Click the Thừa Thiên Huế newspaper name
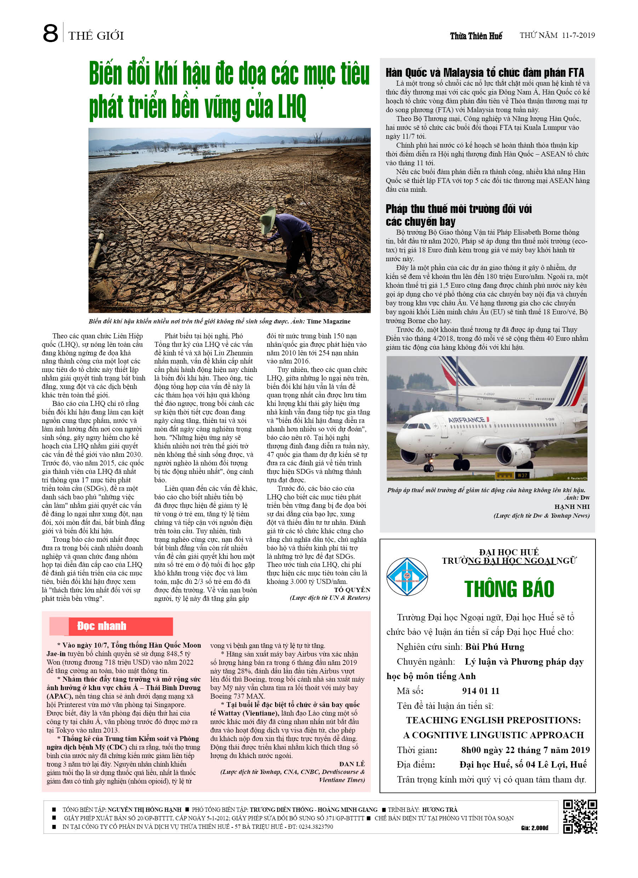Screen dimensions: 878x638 tap(476, 36)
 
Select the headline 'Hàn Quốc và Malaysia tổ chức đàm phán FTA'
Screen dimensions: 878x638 tap(484, 73)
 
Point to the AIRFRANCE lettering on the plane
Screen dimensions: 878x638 tap(466, 420)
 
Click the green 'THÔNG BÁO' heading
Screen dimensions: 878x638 tap(509, 589)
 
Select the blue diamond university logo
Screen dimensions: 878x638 tap(407, 576)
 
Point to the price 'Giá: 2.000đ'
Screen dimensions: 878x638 tap(534, 828)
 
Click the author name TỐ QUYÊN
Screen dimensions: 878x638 tap(352, 590)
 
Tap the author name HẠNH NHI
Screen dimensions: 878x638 tap(572, 507)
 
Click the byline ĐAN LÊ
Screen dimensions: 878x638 tap(352, 764)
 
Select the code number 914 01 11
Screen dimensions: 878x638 tap(480, 691)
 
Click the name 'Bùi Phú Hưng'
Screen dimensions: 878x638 tap(494, 647)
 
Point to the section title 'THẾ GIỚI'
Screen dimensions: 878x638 tap(96, 36)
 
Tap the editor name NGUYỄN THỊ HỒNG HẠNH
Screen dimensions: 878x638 tap(144, 809)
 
